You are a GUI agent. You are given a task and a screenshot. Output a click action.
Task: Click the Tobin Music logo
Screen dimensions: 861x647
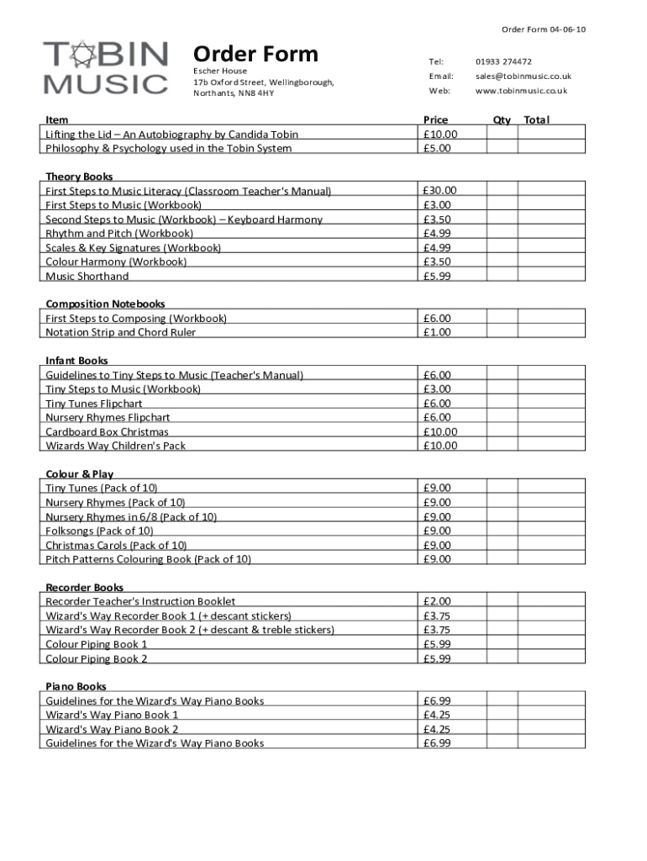coord(106,67)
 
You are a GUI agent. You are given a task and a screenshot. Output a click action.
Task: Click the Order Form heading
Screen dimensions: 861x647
coord(255,55)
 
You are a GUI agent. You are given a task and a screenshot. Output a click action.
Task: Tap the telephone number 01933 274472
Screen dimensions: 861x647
coord(503,61)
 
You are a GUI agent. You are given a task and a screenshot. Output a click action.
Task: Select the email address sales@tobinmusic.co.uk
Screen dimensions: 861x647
coord(523,76)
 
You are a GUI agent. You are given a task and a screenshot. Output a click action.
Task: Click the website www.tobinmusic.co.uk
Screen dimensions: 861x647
coord(521,91)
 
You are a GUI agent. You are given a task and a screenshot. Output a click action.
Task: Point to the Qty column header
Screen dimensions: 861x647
coord(502,120)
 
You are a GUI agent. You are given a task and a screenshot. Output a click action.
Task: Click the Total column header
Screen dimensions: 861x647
coord(536,120)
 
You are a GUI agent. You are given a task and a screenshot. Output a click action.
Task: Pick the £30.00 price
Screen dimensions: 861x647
coord(440,191)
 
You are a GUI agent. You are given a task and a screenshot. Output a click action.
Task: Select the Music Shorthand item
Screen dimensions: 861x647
coord(87,277)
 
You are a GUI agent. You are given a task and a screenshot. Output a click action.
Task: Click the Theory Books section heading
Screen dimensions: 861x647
coord(79,177)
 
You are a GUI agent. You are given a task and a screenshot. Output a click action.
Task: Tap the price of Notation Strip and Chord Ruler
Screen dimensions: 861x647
coord(437,332)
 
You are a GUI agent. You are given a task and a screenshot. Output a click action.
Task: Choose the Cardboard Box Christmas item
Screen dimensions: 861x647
coord(107,432)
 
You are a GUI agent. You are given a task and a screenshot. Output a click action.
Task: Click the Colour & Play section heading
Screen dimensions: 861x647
coord(79,474)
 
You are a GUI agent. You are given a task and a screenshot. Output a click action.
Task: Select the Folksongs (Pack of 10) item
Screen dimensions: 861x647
coord(99,531)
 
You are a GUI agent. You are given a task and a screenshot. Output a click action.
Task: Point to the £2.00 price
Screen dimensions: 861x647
coord(437,601)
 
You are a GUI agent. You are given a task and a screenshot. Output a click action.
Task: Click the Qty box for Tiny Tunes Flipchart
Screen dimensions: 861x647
coord(502,404)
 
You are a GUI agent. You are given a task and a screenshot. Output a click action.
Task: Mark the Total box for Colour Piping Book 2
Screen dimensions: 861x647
coord(551,658)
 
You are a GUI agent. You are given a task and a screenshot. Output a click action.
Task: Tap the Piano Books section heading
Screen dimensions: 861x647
coord(76,687)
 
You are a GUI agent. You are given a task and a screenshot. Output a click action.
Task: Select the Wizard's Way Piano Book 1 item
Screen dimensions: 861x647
coord(112,716)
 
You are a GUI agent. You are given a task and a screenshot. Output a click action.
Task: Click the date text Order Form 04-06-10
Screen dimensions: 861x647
coord(544,30)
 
